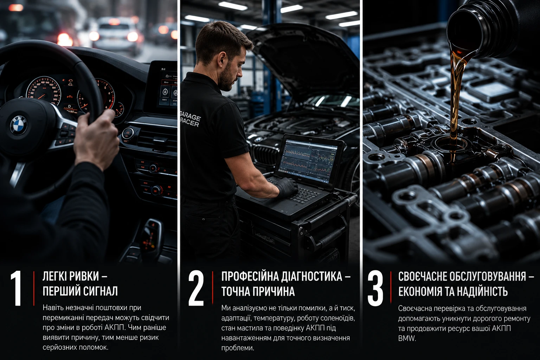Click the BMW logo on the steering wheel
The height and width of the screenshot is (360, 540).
click(18, 126)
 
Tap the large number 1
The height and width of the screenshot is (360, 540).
click(17, 288)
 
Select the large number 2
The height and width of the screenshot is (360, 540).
click(196, 288)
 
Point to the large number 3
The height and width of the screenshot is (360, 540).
click(375, 288)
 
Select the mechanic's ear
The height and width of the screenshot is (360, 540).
click(221, 60)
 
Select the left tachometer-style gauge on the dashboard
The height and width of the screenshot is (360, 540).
click(43, 91)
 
